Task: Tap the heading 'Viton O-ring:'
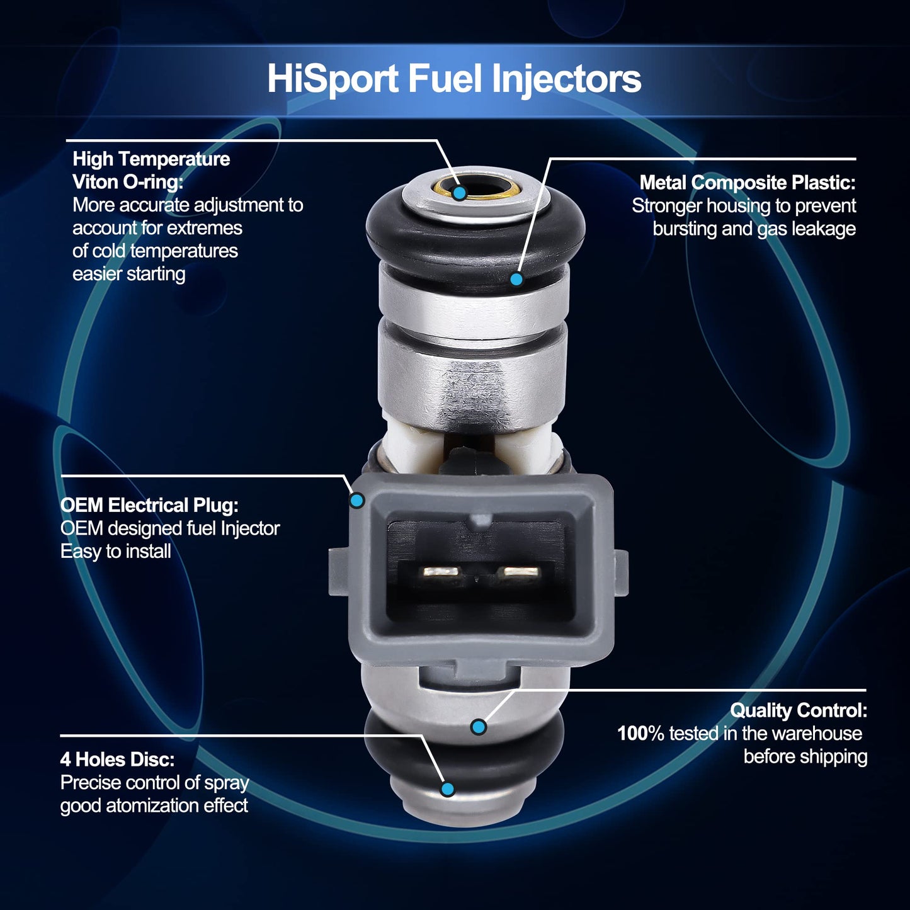click(x=127, y=182)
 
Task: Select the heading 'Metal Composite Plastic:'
click(x=748, y=183)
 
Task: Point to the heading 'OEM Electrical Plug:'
click(x=149, y=506)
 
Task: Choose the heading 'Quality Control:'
click(x=799, y=710)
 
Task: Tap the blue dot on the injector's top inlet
click(x=459, y=193)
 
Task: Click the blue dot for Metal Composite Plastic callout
click(x=516, y=279)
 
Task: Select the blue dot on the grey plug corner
click(x=357, y=500)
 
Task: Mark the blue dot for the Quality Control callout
click(x=479, y=727)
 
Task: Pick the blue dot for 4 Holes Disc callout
click(x=447, y=788)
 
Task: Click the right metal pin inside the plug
click(x=520, y=572)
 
